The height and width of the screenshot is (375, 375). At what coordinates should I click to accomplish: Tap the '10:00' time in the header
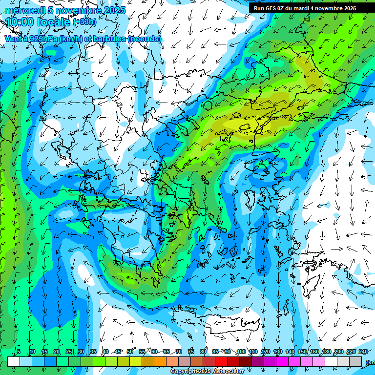[x=20, y=22]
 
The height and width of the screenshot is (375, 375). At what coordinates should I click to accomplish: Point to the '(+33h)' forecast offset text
[x=84, y=22]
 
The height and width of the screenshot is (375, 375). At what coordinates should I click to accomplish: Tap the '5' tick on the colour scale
[x=18, y=352]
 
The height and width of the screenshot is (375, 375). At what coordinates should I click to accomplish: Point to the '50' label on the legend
[x=130, y=352]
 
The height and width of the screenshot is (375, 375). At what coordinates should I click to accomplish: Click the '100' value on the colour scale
[x=241, y=352]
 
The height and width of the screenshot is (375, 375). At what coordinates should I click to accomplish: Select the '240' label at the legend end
[x=363, y=352]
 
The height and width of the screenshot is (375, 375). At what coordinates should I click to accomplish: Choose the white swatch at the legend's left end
[x=14, y=361]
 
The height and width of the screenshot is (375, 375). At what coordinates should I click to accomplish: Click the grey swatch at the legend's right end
[x=355, y=361]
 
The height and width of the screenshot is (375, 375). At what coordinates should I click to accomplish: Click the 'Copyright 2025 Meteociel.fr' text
[x=207, y=372]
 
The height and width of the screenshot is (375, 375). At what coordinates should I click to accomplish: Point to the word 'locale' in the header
[x=54, y=22]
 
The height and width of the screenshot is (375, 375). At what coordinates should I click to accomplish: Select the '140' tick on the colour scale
[x=290, y=352]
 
